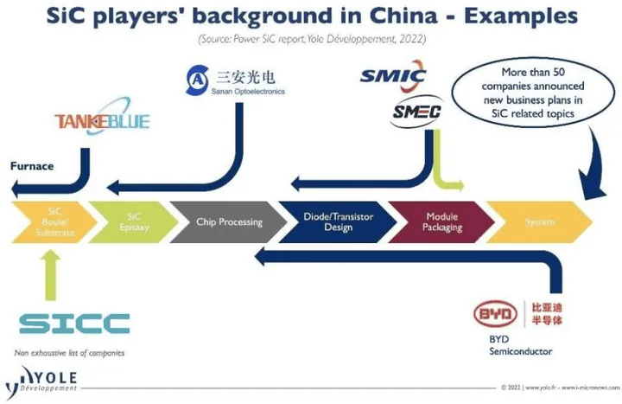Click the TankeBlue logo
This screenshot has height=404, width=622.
pyautogui.click(x=101, y=121)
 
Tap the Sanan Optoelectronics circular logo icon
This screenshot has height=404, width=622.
pyautogui.click(x=197, y=80)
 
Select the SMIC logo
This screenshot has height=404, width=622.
pyautogui.click(x=393, y=76)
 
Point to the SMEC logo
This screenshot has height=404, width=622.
pyautogui.click(x=416, y=112)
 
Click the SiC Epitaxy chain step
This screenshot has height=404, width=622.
pyautogui.click(x=132, y=221)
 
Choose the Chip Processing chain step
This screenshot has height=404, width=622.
pyautogui.click(x=228, y=221)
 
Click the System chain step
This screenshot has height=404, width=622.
pyautogui.click(x=540, y=222)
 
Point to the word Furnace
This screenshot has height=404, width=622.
pyautogui.click(x=32, y=165)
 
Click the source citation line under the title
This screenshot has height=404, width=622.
pyautogui.click(x=313, y=40)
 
